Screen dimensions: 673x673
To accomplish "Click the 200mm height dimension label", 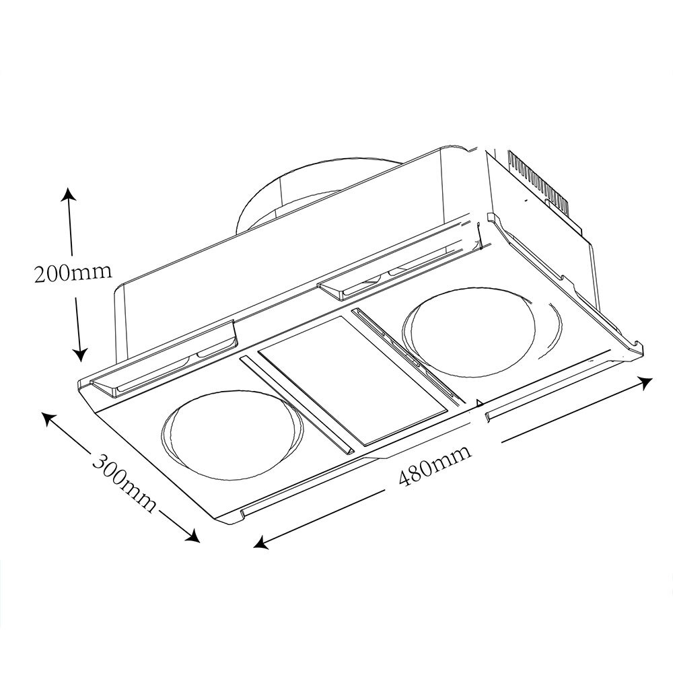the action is pyautogui.click(x=73, y=272).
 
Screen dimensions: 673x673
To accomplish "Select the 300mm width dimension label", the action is pyautogui.click(x=125, y=483).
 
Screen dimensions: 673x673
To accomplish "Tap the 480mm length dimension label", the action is pyautogui.click(x=434, y=466).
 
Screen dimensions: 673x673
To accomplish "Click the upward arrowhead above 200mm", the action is pyautogui.click(x=68, y=194).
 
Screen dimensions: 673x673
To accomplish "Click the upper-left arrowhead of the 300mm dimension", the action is pyautogui.click(x=49, y=419).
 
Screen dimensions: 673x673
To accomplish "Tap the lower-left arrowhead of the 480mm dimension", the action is pyautogui.click(x=261, y=543).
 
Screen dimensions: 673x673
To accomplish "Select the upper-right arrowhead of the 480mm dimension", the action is pyautogui.click(x=645, y=382).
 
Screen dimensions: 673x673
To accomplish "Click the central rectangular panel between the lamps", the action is pyautogui.click(x=352, y=381).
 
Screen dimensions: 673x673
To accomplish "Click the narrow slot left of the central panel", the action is pyautogui.click(x=297, y=404).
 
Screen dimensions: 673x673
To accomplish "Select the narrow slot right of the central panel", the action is pyautogui.click(x=408, y=356).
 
